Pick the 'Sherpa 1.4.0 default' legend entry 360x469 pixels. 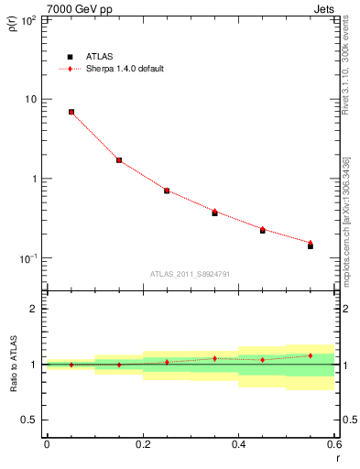tap(123, 69)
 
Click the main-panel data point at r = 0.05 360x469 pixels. tap(71, 112)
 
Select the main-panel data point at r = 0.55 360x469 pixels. tap(311, 245)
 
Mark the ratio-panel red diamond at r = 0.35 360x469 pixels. tap(214, 358)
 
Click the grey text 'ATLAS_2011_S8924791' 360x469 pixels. tap(191, 273)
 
